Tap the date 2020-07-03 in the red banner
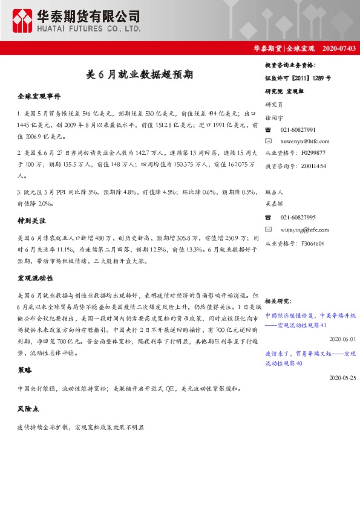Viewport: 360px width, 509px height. pos(339,48)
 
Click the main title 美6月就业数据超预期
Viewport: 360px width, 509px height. pos(139,75)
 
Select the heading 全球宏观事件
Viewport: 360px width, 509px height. pos(39,97)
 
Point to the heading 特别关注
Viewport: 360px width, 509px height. pos(31,221)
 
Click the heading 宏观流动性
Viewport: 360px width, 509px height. pos(35,278)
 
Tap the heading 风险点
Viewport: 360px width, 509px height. pos(28,409)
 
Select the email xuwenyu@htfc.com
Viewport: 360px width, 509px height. pos(305,140)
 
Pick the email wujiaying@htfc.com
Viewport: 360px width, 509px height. pos(305,230)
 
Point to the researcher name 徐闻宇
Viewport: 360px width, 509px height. pos(274,118)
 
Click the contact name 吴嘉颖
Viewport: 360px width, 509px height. pos(274,205)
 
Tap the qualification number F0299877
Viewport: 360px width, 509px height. pos(313,153)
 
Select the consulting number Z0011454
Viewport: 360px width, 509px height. pos(313,165)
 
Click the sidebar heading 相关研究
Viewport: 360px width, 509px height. pos(278,300)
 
